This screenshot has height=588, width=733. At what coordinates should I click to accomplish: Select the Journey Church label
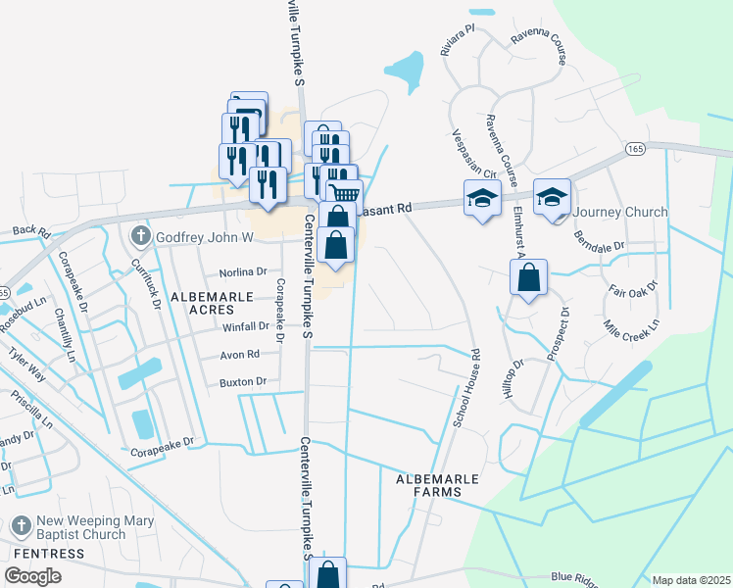point(620,212)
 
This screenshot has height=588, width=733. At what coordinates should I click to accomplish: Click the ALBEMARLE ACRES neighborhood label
point(204,302)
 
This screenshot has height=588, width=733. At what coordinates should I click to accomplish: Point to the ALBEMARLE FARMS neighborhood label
point(437,484)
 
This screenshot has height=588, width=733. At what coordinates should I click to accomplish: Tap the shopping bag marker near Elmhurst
point(528,278)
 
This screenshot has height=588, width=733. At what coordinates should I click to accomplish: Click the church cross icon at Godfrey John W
point(140,236)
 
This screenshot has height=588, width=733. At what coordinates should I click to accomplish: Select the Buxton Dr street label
point(243,381)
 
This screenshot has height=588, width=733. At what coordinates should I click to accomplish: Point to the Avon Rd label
point(239,354)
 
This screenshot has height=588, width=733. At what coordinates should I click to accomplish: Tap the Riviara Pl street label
point(458,41)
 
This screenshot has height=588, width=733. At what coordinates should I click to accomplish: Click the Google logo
point(32,576)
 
